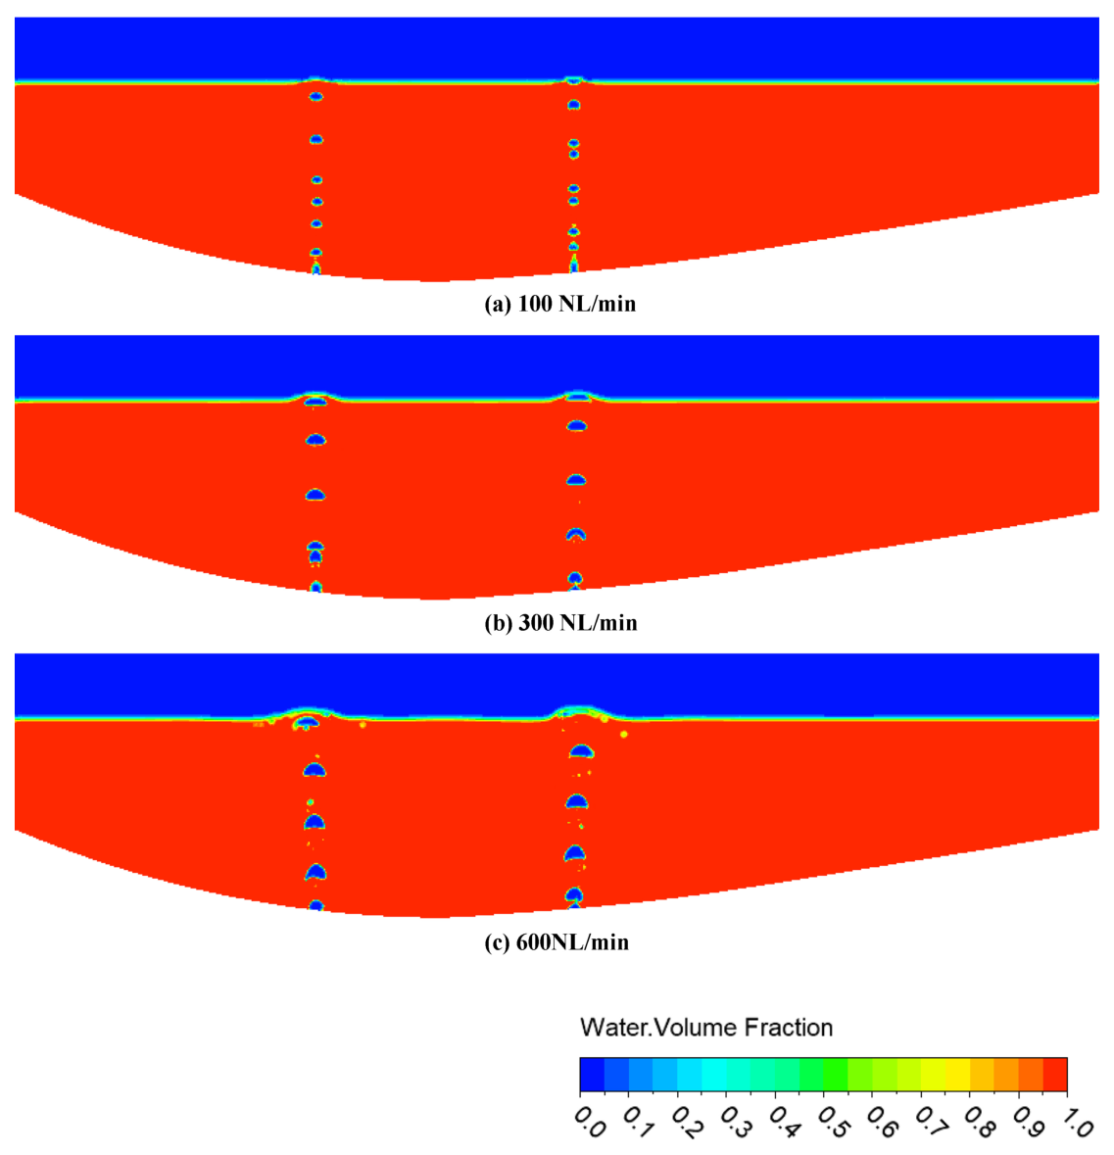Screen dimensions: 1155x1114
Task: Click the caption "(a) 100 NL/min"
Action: point(560,304)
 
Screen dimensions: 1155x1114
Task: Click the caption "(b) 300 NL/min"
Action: point(560,623)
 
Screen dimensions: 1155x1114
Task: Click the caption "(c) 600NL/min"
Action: point(557,942)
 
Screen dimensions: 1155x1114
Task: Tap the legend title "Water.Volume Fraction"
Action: point(706,1028)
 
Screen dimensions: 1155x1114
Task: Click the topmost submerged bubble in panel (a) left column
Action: point(315,97)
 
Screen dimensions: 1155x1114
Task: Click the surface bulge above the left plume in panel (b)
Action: point(315,397)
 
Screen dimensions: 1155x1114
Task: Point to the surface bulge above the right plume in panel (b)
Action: point(578,395)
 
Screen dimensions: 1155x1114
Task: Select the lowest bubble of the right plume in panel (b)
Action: point(575,579)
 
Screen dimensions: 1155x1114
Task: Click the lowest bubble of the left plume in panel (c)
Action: point(315,906)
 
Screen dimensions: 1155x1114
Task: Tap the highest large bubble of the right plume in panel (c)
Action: point(582,752)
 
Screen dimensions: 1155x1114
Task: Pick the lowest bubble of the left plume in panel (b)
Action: point(315,587)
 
